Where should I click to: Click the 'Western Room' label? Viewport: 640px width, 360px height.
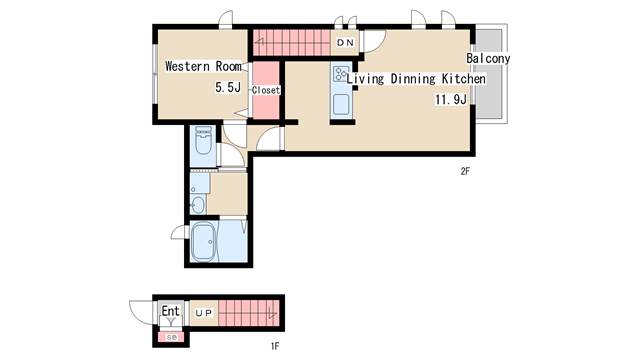[204, 67]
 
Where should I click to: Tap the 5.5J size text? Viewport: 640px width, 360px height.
[228, 89]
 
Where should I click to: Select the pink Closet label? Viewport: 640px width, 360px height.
[266, 90]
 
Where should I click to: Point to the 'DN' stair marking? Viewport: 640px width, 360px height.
[345, 43]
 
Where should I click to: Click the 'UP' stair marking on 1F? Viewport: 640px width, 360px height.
[203, 313]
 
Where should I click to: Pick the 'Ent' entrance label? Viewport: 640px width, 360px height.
[171, 311]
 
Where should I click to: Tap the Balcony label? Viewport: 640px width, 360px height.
[488, 58]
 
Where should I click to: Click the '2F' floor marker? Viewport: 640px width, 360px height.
[465, 171]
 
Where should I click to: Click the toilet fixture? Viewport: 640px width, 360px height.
[203, 141]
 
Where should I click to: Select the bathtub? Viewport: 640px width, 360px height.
[205, 243]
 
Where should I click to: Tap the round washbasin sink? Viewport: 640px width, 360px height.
[198, 204]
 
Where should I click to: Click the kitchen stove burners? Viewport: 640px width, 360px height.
[341, 73]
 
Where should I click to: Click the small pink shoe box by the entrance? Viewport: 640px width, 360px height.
[170, 337]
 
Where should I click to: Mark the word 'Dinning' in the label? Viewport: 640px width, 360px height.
[406, 78]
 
